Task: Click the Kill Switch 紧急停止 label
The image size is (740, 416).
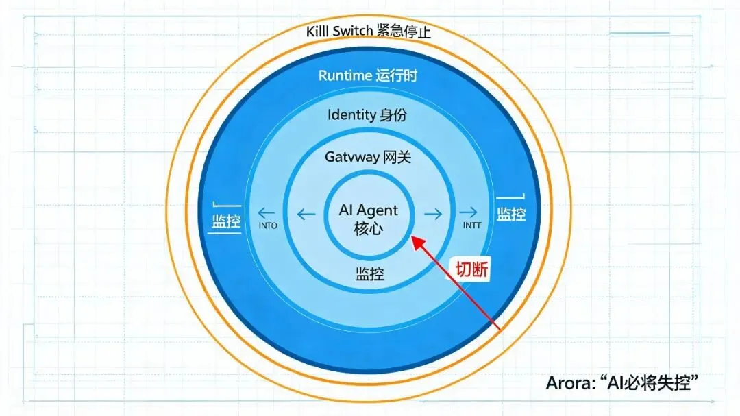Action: tap(368, 32)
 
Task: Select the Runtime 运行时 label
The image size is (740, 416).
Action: tap(368, 75)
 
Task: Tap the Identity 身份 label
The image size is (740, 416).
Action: tap(367, 114)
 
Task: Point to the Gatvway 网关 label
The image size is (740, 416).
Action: tap(368, 157)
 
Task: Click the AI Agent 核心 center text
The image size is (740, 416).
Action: tap(369, 219)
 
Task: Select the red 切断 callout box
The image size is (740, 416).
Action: tap(471, 269)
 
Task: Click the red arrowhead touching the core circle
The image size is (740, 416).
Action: tap(418, 243)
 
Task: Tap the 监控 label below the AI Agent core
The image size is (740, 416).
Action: tap(369, 273)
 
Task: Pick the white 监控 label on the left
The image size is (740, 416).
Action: tap(226, 221)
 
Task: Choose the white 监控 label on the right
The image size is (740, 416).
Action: tap(511, 214)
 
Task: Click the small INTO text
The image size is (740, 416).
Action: tap(268, 225)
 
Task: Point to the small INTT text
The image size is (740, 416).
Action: tap(472, 225)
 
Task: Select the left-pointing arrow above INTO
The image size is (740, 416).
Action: tap(266, 212)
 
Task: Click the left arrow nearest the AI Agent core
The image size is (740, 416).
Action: tap(306, 215)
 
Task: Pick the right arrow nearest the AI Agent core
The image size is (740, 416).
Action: tap(433, 215)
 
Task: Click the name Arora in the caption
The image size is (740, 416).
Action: tap(568, 383)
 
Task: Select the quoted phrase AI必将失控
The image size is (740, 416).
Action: tap(648, 383)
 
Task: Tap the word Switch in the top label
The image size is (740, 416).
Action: tap(353, 32)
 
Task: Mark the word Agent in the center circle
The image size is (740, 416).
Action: tap(378, 211)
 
